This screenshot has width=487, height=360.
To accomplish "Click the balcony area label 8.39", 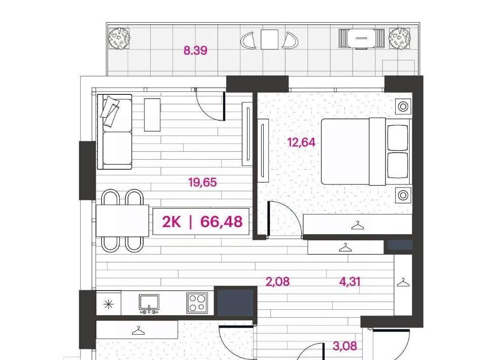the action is click(195, 50).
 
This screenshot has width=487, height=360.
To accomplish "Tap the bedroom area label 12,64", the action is click(301, 143).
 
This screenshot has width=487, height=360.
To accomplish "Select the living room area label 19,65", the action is click(202, 182).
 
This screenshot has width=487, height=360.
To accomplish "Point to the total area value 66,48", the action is click(222, 222).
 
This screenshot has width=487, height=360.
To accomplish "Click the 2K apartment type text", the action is click(171, 222).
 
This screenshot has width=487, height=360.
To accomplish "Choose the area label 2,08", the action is click(277, 282).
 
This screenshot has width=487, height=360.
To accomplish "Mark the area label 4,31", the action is click(350, 282).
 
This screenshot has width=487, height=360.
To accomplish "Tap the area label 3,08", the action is click(345, 346).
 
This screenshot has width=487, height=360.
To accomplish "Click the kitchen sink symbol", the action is click(149, 304).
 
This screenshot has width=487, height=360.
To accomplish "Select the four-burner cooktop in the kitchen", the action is click(197, 303).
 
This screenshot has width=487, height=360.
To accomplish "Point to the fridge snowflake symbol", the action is click(108, 304).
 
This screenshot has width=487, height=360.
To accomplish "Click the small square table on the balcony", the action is click(269, 40).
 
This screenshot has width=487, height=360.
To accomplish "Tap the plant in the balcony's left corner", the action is click(119, 39).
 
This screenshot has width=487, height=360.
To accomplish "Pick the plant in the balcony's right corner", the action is click(400, 39).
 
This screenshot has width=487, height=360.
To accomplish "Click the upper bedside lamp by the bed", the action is click(403, 107).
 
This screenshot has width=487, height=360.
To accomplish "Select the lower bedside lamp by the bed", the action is click(403, 195).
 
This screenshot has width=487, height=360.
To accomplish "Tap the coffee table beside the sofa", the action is click(153, 115).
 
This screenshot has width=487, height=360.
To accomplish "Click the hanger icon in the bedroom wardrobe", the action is click(357, 225).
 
